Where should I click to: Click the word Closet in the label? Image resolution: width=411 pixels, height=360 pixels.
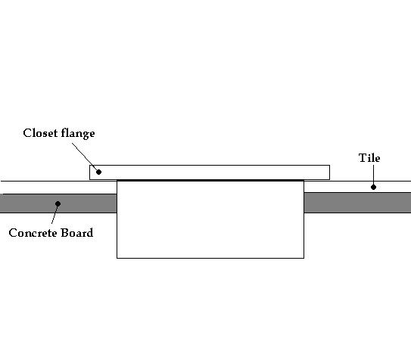point(40,133)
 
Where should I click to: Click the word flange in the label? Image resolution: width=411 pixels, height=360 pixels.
point(78,134)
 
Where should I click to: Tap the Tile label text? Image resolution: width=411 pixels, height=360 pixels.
point(369,158)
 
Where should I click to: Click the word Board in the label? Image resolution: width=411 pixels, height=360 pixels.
point(76,232)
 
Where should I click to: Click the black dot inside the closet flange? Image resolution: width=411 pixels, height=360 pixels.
point(98,172)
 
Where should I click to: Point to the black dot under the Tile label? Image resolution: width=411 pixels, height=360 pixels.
point(373,187)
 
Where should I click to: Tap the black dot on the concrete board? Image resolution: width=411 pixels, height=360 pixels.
point(58,203)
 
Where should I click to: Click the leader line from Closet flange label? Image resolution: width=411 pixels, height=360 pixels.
point(85,157)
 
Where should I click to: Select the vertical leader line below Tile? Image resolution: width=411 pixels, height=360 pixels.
point(373,175)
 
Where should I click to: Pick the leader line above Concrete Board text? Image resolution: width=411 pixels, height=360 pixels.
point(54,213)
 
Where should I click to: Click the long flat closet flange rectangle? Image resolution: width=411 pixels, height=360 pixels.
point(210,172)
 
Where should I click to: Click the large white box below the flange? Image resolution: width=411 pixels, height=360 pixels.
point(210,219)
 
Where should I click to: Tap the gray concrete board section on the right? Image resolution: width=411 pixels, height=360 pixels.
point(357,203)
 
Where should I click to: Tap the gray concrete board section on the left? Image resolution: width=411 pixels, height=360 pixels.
point(58,203)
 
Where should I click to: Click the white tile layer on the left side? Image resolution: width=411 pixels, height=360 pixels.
point(58,188)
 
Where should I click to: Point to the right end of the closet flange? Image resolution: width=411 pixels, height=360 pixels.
point(329,172)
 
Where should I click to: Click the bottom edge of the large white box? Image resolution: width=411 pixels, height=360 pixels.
point(210,258)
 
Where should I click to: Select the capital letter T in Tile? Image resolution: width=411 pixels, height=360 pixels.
point(362,158)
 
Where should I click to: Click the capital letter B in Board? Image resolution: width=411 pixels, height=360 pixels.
point(64,233)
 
